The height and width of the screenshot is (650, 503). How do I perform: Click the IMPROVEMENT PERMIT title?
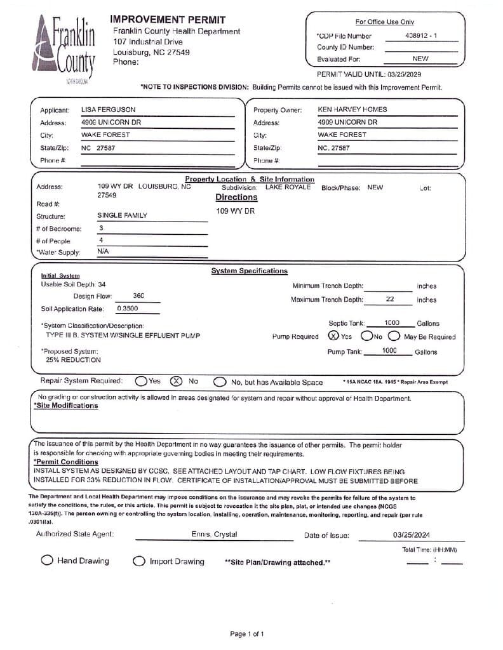168,20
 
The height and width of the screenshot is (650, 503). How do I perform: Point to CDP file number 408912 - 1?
420,36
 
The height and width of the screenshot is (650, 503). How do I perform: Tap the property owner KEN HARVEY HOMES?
352,109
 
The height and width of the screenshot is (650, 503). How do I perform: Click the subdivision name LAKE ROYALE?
288,187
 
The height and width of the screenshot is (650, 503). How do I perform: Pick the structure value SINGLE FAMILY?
122,216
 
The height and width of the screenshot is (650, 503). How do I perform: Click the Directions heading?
236,197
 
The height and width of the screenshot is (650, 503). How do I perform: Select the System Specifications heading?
249,271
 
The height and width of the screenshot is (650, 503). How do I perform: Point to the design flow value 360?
138,296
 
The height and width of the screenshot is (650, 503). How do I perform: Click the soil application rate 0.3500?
128,308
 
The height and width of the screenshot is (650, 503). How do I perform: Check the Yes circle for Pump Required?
333,336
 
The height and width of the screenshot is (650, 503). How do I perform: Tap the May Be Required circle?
394,336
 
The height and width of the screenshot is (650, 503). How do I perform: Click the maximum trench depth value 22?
390,299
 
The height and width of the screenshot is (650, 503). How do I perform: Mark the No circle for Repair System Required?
176,381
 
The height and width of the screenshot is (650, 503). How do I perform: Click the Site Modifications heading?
66,406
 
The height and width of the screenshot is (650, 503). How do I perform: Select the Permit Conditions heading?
66,462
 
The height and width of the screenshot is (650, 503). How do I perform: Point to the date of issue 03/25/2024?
412,535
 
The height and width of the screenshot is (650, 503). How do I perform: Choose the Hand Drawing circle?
47,560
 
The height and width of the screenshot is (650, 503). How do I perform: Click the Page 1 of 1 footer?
247,633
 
